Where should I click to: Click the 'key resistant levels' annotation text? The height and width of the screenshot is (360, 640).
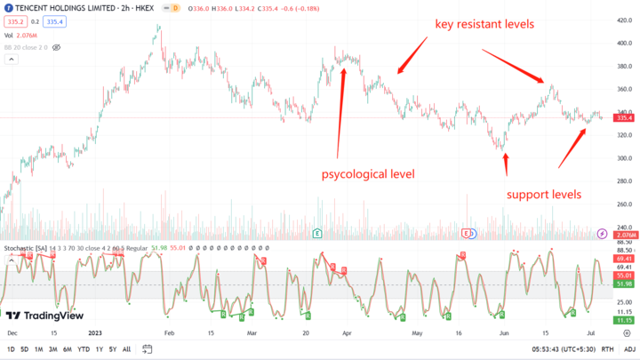coord(484,24)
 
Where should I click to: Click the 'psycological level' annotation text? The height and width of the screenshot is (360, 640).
coord(368,173)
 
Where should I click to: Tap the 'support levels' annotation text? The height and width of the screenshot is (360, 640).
coord(544,194)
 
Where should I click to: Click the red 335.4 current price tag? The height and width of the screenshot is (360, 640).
coord(624,117)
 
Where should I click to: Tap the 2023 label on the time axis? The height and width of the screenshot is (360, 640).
coord(96,332)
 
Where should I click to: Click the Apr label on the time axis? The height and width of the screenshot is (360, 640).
coord(348,332)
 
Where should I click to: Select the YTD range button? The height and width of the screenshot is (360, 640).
coord(84,349)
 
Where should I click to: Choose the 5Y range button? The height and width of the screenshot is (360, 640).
coord(112,349)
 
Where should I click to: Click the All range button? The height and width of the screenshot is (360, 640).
coord(126,349)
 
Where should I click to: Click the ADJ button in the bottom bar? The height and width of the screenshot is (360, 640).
coord(629,349)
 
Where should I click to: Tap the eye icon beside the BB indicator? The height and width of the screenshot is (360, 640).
coord(57,46)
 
